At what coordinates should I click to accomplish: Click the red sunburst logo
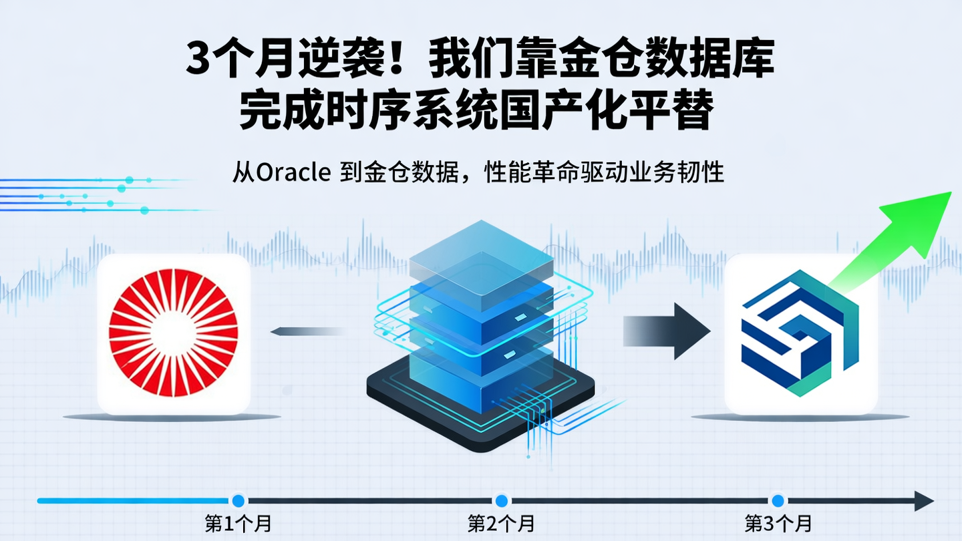tap(173, 333)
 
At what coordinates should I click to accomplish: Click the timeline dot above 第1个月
tap(238, 500)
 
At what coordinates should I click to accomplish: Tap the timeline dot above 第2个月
tap(501, 500)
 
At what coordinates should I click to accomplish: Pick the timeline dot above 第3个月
tap(777, 500)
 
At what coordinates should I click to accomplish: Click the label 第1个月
tap(238, 523)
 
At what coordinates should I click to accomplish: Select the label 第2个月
tap(501, 523)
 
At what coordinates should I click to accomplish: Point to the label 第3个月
tap(778, 523)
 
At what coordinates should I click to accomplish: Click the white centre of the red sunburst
tap(173, 333)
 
